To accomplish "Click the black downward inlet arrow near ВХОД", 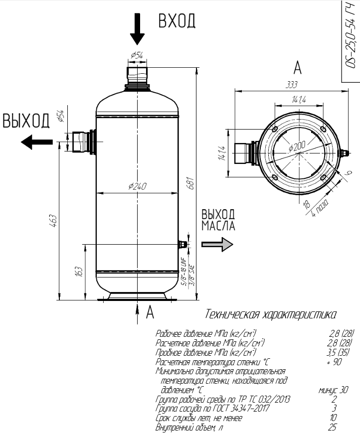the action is click(x=137, y=29).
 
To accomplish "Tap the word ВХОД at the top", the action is click(x=177, y=21).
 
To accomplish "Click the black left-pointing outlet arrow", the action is click(x=36, y=142).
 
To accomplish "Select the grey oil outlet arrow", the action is click(x=217, y=244).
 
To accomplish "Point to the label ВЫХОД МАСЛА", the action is click(x=218, y=220).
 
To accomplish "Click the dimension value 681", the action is click(x=191, y=183).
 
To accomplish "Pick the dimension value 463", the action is click(x=53, y=221).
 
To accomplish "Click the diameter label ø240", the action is click(x=137, y=186).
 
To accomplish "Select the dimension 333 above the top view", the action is click(x=292, y=85).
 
